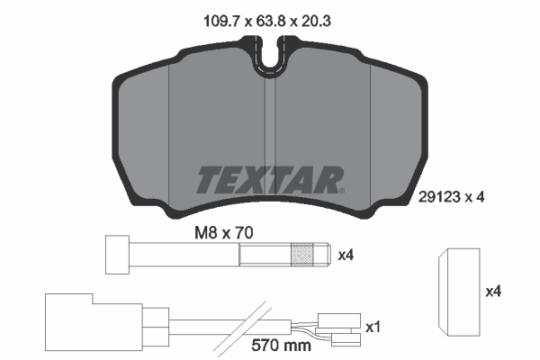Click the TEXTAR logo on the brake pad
coord(270,180)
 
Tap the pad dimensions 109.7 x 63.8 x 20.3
coord(267,22)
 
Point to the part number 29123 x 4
coord(451,197)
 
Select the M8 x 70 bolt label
coord(224,233)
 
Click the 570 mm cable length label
coord(281,345)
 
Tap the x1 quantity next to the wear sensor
coord(373,328)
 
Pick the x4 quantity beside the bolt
coord(346,256)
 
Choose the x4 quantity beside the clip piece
coord(493,292)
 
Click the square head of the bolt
coord(117,255)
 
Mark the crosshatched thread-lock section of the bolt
coord(302,255)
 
